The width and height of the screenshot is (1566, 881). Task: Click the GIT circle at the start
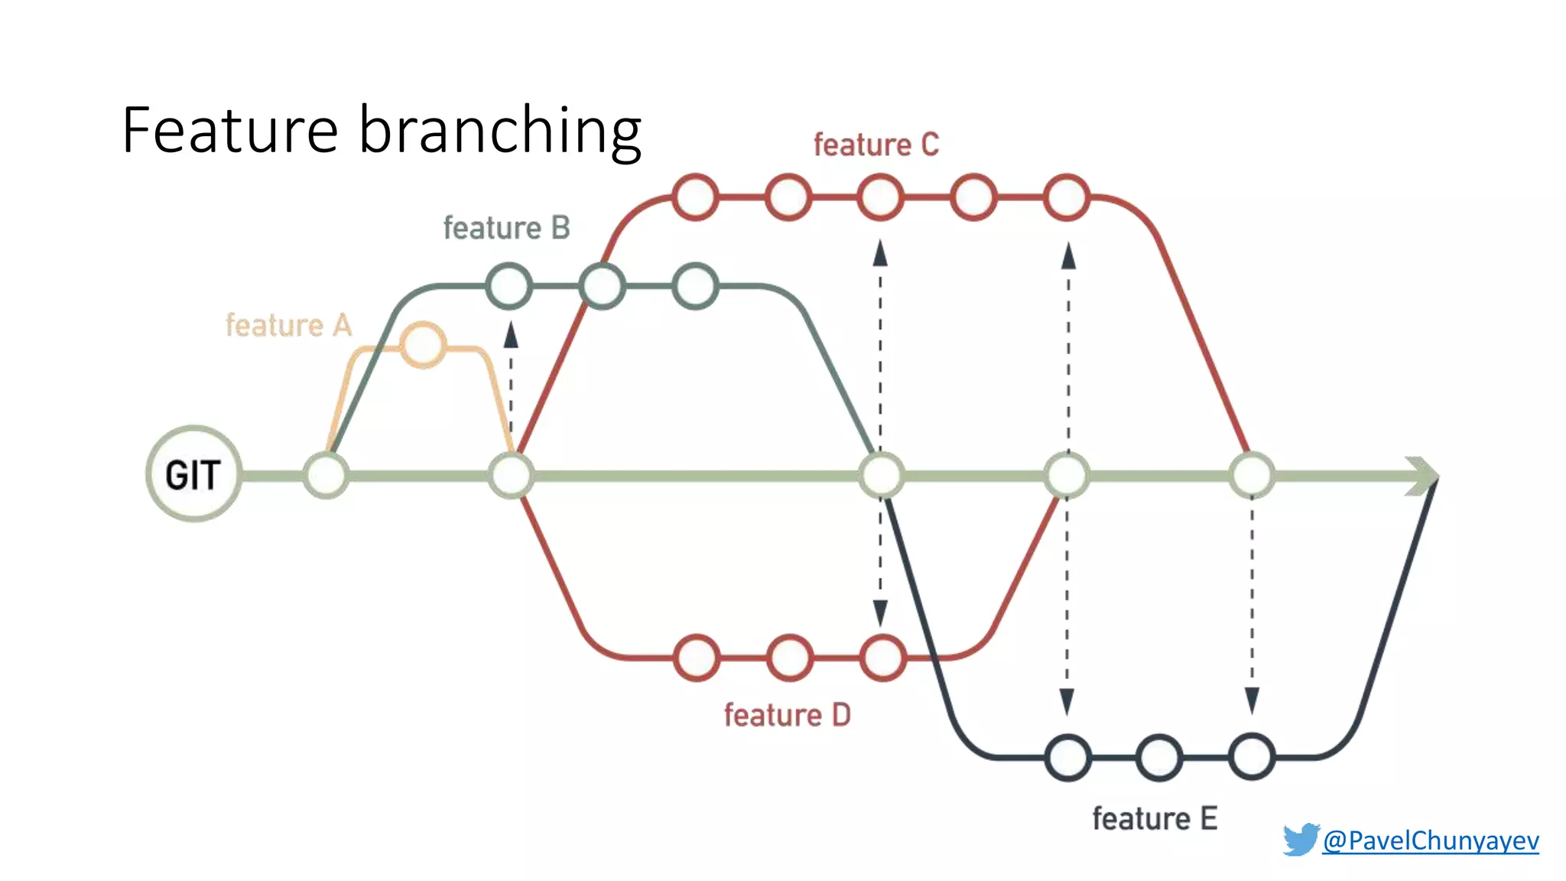194,474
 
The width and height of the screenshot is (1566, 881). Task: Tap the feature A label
288,326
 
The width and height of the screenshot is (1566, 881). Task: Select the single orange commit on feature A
423,345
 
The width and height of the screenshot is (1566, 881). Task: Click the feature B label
506,228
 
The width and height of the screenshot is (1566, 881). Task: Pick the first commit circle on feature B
509,286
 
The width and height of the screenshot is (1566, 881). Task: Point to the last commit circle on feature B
696,286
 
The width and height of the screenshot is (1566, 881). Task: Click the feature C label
876,145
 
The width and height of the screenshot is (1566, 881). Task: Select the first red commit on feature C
695,197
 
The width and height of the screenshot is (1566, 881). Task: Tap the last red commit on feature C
1067,197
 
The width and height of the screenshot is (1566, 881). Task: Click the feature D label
787,716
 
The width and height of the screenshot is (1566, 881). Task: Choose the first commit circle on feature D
697,658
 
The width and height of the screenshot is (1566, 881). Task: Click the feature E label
1154,819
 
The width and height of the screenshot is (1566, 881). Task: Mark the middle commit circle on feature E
1159,757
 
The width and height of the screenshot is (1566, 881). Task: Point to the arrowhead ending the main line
1424,476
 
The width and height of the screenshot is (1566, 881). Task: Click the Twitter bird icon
1301,839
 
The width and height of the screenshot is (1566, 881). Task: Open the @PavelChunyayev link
1430,840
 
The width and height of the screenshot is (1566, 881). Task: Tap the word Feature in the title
229,130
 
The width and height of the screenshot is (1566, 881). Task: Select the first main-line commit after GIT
327,475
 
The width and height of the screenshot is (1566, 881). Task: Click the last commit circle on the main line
1252,475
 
